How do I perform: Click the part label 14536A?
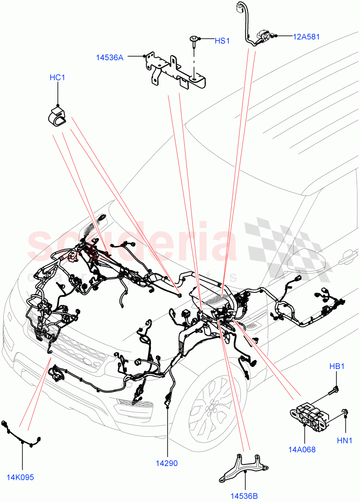tap(110, 58)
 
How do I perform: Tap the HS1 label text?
tap(222, 41)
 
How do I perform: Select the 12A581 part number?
tap(306, 37)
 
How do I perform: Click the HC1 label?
tap(57, 77)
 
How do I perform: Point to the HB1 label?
tap(337, 366)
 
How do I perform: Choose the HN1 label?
tap(345, 440)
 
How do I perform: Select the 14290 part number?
tap(167, 463)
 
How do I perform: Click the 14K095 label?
tap(20, 477)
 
